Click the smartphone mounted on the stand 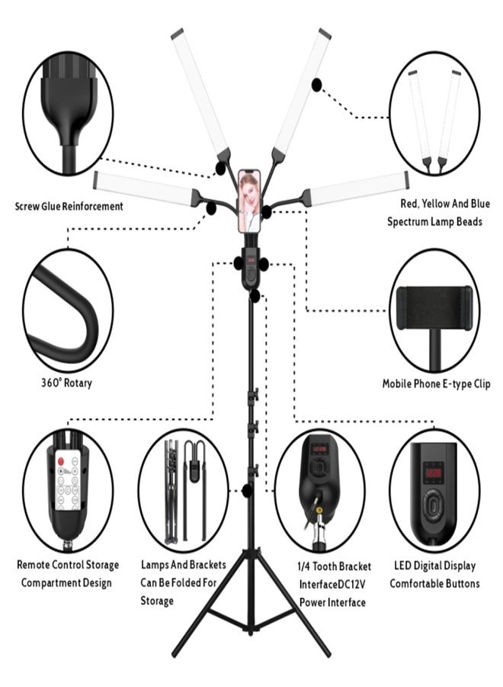tap(249, 201)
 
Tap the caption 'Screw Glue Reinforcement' tap(69, 206)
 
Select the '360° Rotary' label tap(66, 382)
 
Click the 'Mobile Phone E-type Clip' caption tap(436, 384)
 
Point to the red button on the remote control tap(61, 461)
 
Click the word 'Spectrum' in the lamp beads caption tap(408, 221)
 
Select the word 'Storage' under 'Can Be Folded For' tap(157, 601)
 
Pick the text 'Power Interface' tap(332, 602)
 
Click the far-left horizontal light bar tap(144, 189)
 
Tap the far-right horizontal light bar tap(357, 189)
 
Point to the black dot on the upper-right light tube tap(316, 85)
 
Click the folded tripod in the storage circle tap(171, 492)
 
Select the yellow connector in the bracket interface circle tap(319, 510)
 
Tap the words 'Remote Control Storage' tap(68, 565)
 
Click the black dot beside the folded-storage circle tap(247, 490)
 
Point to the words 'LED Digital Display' tap(434, 566)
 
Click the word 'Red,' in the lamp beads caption tap(410, 204)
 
